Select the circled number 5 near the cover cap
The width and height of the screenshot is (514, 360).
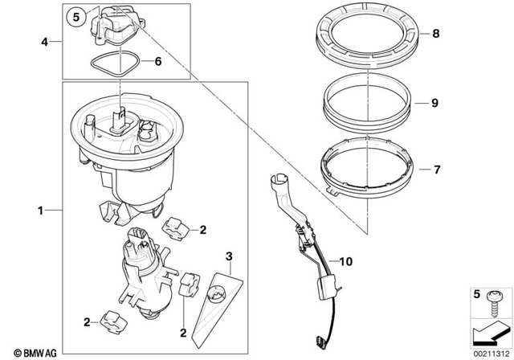(x=75, y=16)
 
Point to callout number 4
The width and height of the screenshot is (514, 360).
(x=46, y=39)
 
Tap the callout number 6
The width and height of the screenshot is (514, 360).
(x=157, y=61)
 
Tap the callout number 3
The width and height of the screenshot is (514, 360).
(x=229, y=257)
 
